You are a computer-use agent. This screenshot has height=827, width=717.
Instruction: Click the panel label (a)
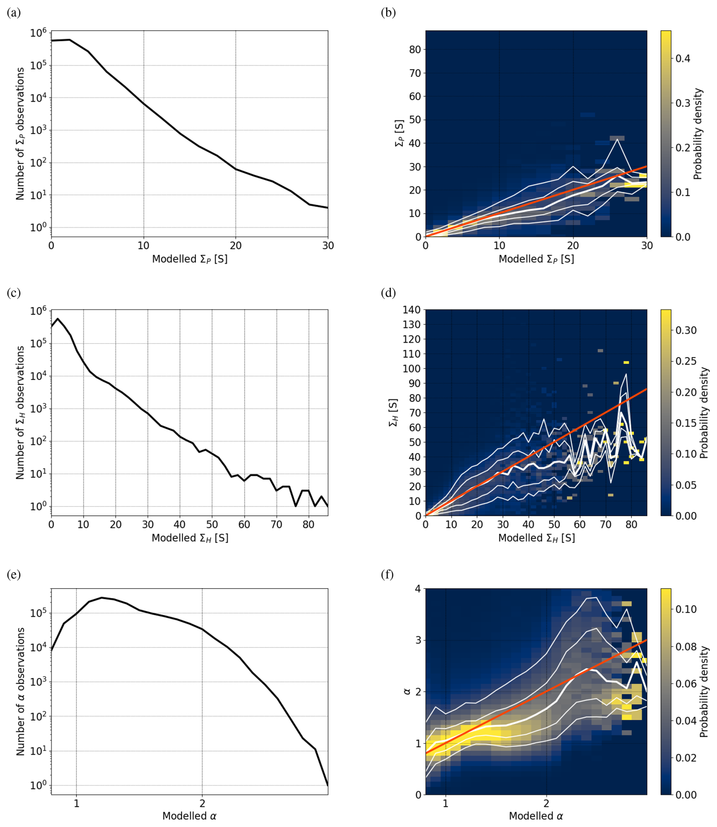(x=14, y=13)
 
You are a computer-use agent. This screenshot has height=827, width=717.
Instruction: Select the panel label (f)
(x=388, y=575)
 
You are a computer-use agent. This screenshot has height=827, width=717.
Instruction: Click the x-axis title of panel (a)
(x=189, y=259)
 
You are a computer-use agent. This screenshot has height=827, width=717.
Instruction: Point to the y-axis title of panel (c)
(x=20, y=413)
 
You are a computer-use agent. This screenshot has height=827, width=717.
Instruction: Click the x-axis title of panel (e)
(x=189, y=816)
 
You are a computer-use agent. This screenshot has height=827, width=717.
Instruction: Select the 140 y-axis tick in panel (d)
(x=411, y=310)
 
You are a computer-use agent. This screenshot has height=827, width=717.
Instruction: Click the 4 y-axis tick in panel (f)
(x=418, y=589)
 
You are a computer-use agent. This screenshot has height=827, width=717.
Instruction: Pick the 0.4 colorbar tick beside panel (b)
(x=683, y=58)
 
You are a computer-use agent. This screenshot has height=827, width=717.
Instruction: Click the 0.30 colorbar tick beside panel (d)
(x=686, y=330)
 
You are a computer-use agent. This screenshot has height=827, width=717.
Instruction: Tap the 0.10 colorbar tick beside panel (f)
(x=686, y=609)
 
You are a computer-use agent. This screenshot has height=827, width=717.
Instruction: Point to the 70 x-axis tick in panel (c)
(x=277, y=524)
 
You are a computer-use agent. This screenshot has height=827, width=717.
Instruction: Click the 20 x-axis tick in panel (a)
(x=236, y=246)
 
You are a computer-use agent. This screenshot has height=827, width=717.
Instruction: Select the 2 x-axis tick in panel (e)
(x=202, y=803)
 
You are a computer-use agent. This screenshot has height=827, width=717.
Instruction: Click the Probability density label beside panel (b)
(x=698, y=134)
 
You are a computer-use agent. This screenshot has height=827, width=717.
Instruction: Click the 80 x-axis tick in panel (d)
(x=631, y=524)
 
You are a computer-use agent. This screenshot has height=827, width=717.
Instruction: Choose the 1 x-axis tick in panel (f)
(x=445, y=803)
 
